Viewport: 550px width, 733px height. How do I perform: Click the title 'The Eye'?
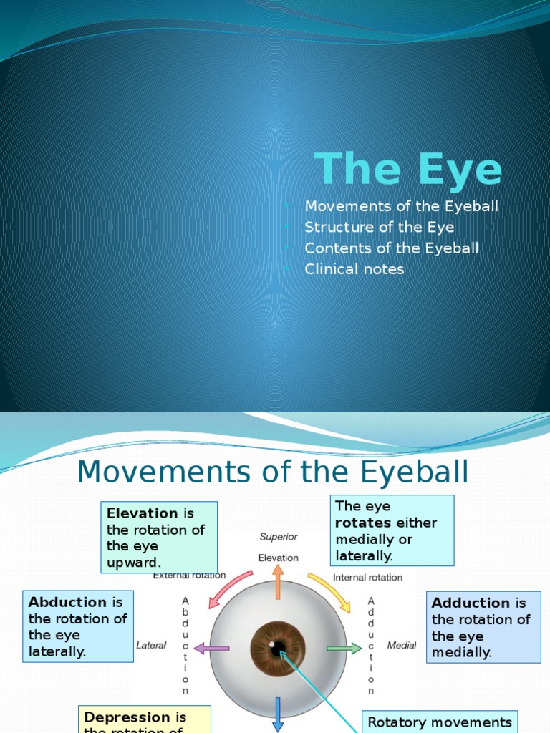[x=408, y=170]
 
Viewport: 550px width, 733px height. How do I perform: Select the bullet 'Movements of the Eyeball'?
[x=401, y=207]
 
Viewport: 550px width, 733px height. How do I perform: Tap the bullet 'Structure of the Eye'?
[x=379, y=228]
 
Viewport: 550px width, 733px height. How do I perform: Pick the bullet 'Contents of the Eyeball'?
[x=392, y=248]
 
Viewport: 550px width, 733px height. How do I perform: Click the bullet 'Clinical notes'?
[x=354, y=269]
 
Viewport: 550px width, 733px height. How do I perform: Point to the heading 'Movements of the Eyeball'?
[x=273, y=472]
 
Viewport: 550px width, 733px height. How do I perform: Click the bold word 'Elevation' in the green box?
[x=142, y=513]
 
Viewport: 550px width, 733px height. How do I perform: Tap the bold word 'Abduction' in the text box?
[x=67, y=603]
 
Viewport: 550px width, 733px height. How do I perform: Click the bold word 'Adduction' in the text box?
[x=471, y=603]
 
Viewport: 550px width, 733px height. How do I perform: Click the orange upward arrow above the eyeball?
[x=278, y=580]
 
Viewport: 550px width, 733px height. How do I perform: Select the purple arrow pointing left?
[x=211, y=649]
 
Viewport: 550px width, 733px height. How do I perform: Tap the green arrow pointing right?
[x=344, y=649]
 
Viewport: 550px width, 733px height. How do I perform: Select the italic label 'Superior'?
[x=279, y=537]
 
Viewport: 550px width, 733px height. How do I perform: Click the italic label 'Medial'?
[x=401, y=646]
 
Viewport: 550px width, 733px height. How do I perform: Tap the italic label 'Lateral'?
[x=151, y=646]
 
